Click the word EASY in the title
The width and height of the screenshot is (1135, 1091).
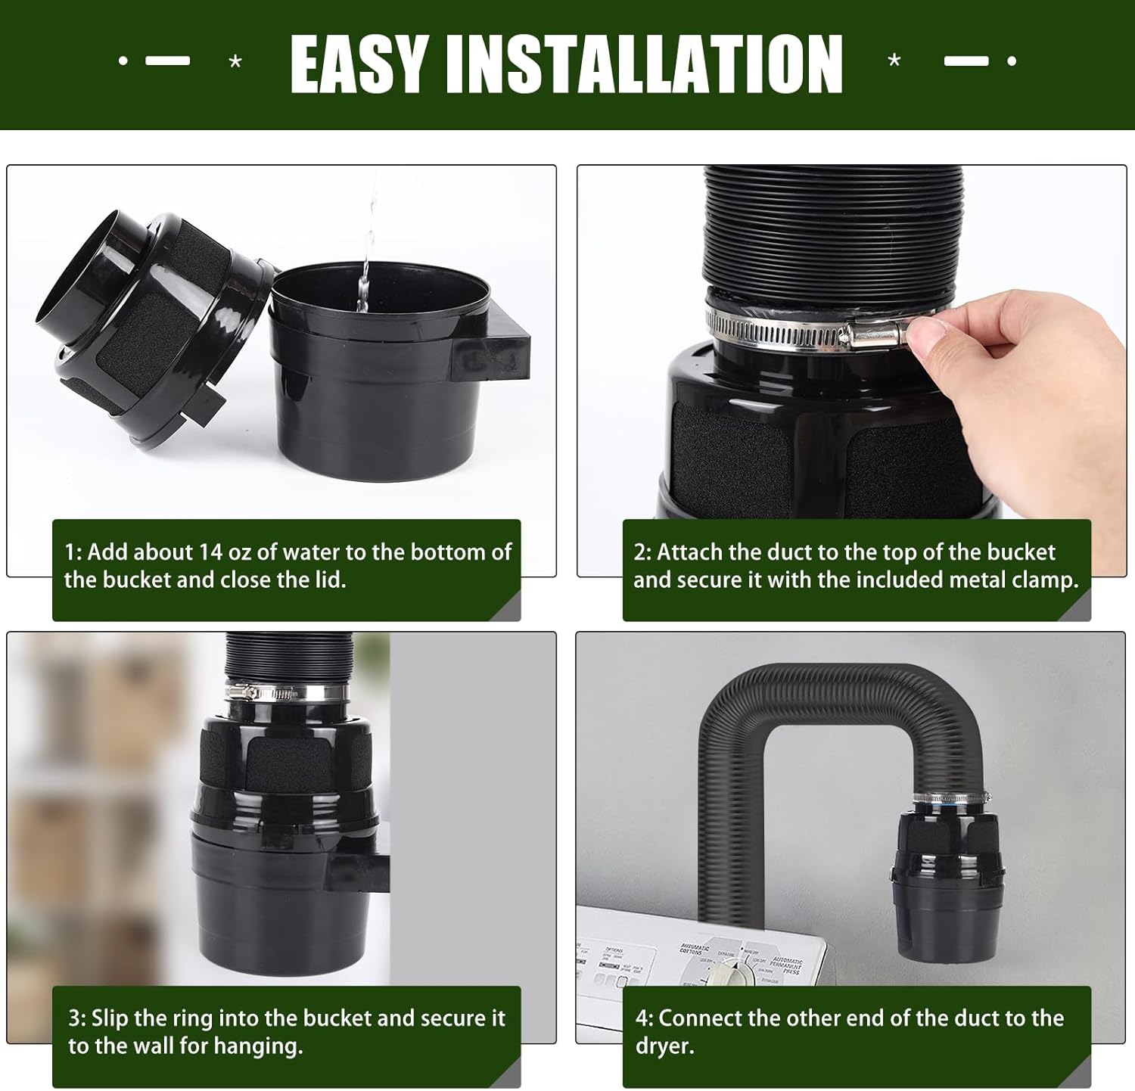coord(360,64)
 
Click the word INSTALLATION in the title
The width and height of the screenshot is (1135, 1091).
coord(644,64)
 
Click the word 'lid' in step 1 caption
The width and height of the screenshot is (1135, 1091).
coord(328,580)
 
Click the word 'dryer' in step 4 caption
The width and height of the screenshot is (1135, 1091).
coord(663,1046)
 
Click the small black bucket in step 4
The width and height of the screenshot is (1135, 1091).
coord(938,885)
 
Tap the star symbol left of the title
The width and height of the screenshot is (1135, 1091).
coord(235,62)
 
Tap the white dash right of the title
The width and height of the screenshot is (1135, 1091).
coord(966,61)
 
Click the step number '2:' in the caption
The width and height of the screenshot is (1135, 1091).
coord(642,552)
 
